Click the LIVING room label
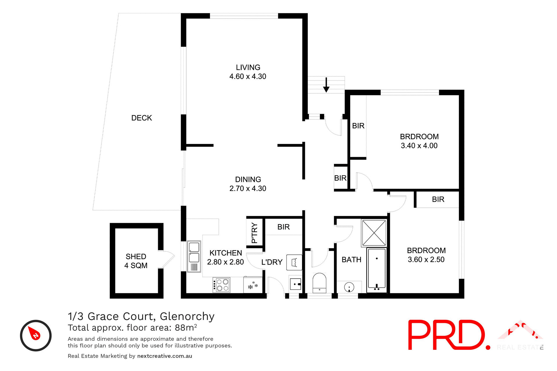pos(248,68)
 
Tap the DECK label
pos(142,118)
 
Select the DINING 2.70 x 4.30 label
pos(248,184)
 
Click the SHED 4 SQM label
pos(136,261)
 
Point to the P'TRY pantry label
pos(254,232)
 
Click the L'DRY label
pos(272,262)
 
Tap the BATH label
pos(351,260)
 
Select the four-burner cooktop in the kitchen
pos(222,285)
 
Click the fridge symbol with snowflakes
pos(253,285)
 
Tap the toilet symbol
pos(319,283)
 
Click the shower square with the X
pos(374,233)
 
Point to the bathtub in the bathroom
pos(377,270)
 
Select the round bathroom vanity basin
pos(349,287)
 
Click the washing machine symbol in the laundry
pos(294,262)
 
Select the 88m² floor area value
pos(186,328)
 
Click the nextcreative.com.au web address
pos(164,356)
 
